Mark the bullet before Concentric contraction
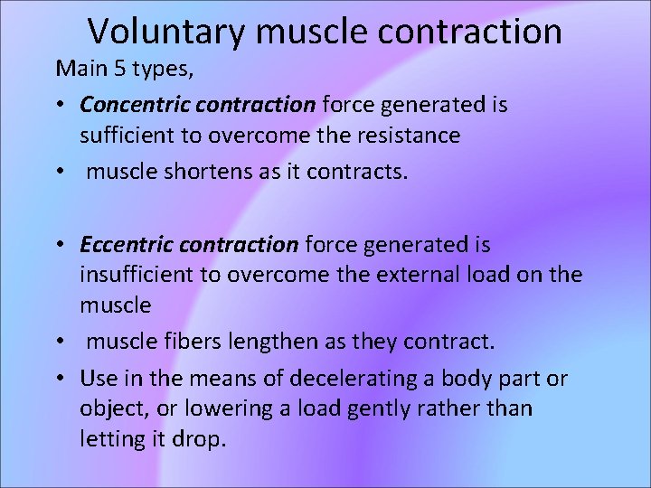point(60,106)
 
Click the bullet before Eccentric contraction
point(60,245)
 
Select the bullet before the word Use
point(60,379)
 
